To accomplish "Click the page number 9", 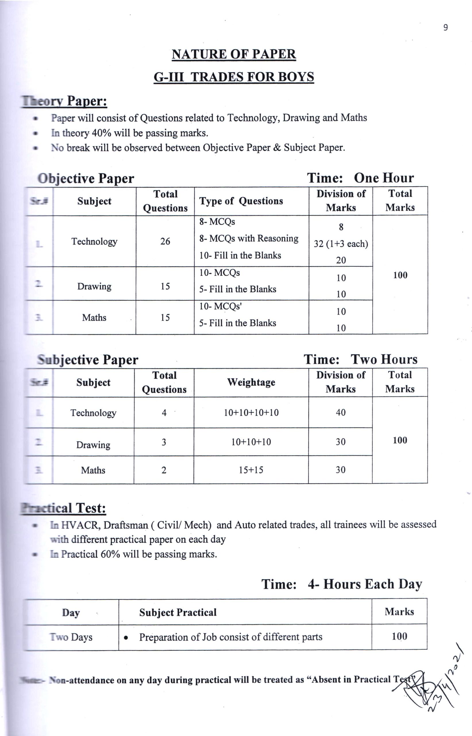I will point(445,28).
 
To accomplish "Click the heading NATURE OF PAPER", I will point(234,54).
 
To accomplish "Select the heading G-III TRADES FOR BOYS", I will point(234,77).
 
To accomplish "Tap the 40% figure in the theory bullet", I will point(101,133).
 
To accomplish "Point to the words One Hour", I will point(384,178).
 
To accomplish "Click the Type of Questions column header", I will point(241,201).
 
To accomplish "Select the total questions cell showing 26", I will point(165,241).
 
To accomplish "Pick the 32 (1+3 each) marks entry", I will point(340,244).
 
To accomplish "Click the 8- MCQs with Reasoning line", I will point(248,239).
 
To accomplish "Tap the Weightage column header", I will point(251,382).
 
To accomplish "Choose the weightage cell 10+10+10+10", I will point(251,413).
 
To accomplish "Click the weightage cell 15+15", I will point(251,470).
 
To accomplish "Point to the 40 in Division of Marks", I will point(340,413).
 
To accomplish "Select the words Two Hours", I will point(384,359).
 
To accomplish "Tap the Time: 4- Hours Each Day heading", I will point(342,584).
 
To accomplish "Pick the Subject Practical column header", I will point(178,613).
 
